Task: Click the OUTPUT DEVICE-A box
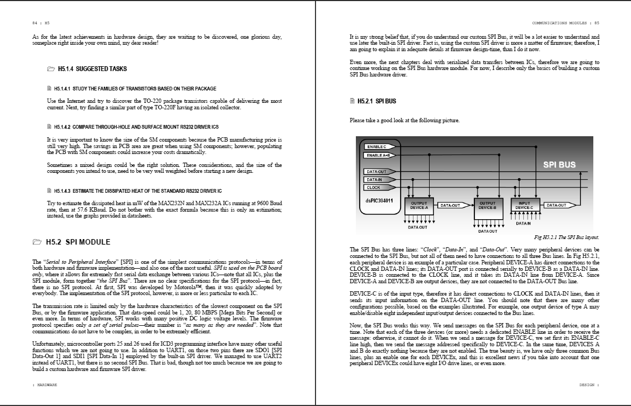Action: click(x=419, y=206)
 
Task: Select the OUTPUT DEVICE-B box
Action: click(x=487, y=206)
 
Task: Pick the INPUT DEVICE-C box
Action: click(x=524, y=206)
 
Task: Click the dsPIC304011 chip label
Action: click(x=378, y=201)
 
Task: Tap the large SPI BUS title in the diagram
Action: click(x=559, y=165)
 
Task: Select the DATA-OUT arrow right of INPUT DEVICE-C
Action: click(x=558, y=205)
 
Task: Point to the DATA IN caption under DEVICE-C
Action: click(x=523, y=223)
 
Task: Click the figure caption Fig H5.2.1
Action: click(x=566, y=237)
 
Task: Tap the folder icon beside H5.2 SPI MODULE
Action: click(x=37, y=242)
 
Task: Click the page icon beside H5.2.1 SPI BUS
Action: click(x=352, y=101)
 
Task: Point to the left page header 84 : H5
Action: click(x=41, y=23)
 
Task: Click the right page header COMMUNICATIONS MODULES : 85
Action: click(x=565, y=23)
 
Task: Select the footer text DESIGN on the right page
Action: click(x=588, y=385)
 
